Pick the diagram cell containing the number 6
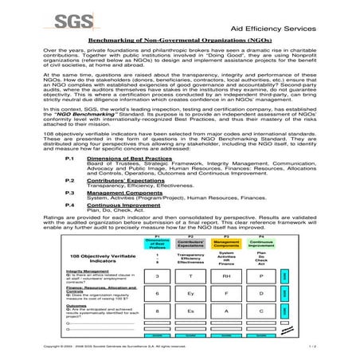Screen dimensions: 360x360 pos(158,293)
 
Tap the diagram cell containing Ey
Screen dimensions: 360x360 pos(192,293)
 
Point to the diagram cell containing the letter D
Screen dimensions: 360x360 pos(262,293)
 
